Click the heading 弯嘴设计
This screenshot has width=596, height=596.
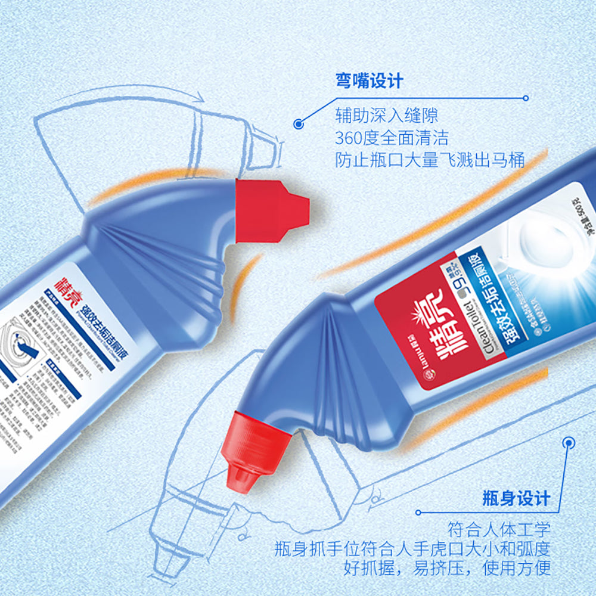point(370,80)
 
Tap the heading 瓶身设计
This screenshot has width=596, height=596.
point(516,498)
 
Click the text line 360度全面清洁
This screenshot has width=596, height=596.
point(391,138)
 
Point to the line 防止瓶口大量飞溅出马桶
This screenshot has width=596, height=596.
point(429,160)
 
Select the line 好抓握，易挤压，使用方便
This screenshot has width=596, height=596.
point(447,568)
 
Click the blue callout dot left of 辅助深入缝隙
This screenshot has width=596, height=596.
point(299,124)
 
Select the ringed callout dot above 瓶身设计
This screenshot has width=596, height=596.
point(569,443)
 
